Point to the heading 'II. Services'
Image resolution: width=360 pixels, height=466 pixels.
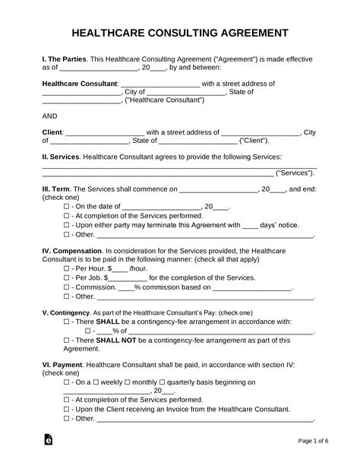tap(60, 155)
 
